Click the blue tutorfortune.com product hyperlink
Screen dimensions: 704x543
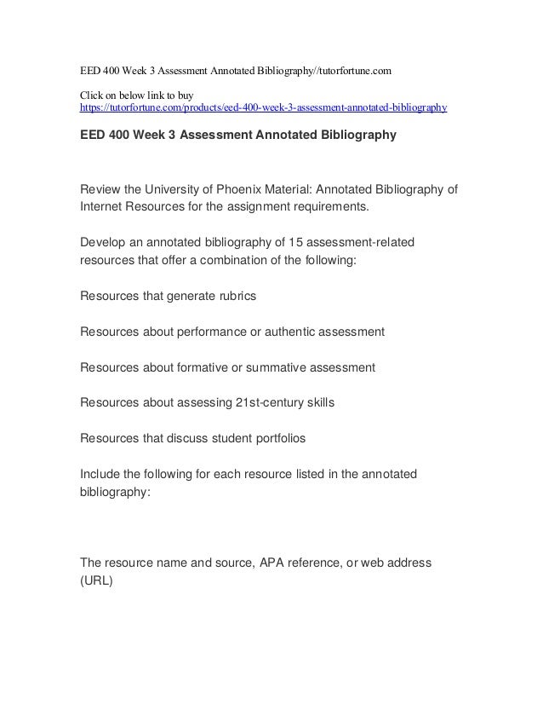(x=263, y=109)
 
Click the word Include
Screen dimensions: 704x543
(x=101, y=475)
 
